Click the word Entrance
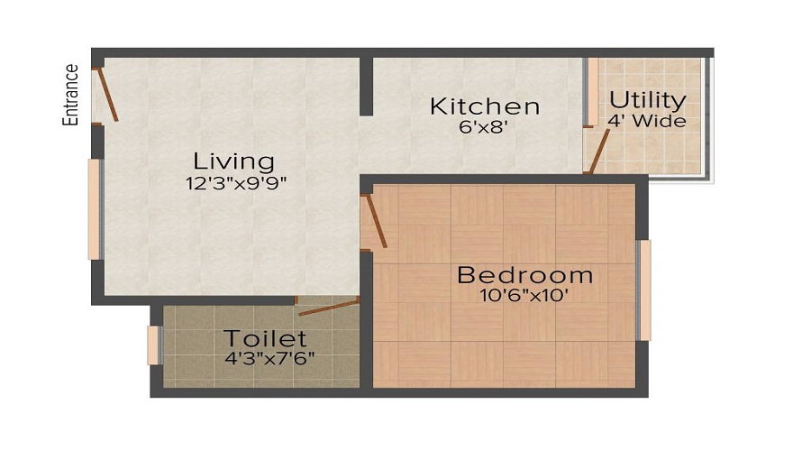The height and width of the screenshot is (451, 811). coord(71,95)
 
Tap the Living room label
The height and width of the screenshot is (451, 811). coord(234,161)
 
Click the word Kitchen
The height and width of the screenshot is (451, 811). coord(485,106)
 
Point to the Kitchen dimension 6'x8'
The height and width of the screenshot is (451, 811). coord(485,127)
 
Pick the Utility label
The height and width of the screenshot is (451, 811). coord(647,99)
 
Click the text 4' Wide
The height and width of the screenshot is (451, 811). coord(647,120)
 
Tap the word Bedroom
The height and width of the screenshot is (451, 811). coord(525,274)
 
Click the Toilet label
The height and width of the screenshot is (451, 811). coord(265,339)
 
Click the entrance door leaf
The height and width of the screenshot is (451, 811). coord(107,94)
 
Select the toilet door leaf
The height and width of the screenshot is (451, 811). coord(329,307)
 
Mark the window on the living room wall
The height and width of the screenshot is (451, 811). coord(94,209)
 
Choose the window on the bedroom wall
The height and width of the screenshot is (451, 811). coord(643,290)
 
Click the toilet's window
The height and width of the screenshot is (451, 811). coord(154,345)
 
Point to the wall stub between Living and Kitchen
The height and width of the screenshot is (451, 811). coord(366,87)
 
